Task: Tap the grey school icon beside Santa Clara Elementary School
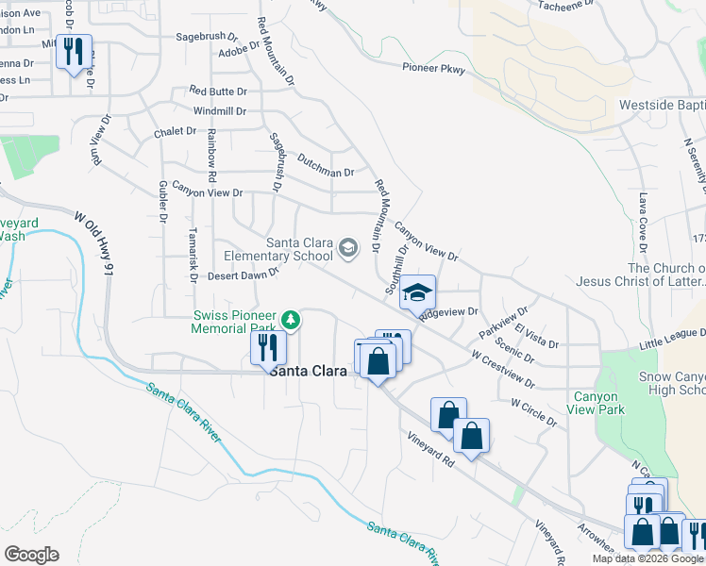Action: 348,248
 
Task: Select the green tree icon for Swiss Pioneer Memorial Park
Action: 293,320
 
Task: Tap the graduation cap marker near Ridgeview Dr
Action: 417,291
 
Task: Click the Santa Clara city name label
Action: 308,372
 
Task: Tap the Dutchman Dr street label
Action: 325,173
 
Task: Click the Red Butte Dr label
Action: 217,92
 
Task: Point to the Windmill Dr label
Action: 220,110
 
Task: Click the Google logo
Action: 31,555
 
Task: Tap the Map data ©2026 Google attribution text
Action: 648,558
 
